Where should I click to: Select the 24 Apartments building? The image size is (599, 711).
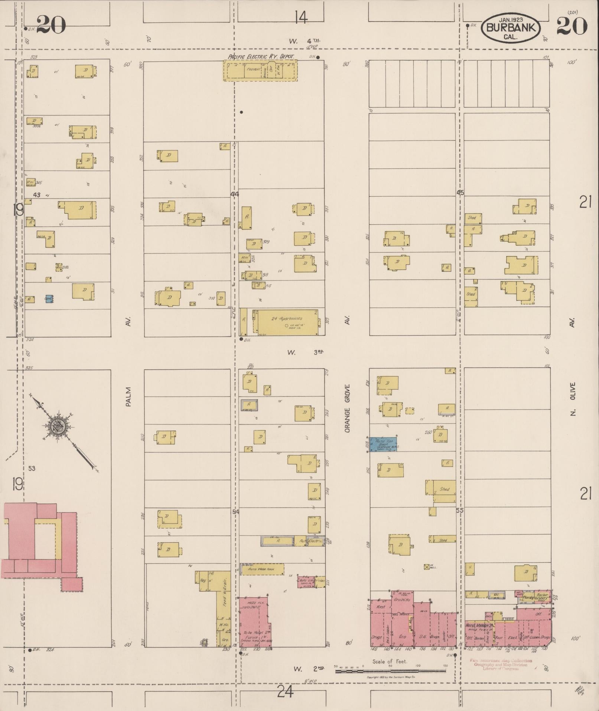click(x=286, y=322)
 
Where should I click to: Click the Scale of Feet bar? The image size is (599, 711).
click(x=390, y=671)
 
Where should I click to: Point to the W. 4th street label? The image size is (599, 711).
click(x=305, y=41)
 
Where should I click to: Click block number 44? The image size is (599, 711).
click(x=235, y=194)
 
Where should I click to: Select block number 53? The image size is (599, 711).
click(x=32, y=468)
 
